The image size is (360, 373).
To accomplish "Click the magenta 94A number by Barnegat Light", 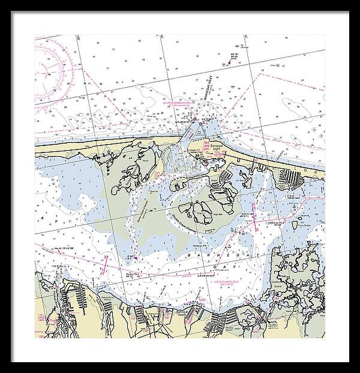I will coord(214,143).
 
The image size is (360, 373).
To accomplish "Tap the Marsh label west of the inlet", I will coord(146,161).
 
